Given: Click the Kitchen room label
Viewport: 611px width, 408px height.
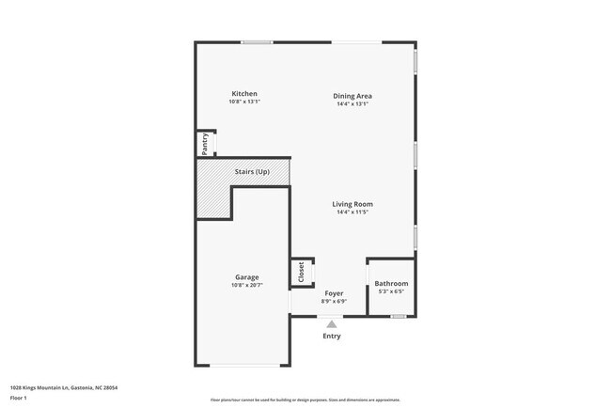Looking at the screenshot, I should pos(244,94).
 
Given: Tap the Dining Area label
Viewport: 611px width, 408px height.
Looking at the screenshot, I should pos(352,95).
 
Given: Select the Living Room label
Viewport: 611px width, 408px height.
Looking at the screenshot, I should pos(352,204).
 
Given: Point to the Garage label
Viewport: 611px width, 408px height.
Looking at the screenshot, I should pos(247,276).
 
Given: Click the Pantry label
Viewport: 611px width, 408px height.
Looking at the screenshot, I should pos(204,145).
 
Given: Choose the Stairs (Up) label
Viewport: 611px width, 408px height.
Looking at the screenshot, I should pos(252,172).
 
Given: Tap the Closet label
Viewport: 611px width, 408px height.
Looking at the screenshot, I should pos(302,272).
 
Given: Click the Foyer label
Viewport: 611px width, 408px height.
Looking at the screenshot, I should pos(333,293).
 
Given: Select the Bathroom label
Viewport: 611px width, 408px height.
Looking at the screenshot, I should pos(391,283).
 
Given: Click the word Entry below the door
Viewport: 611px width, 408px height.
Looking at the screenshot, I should pos(332,336).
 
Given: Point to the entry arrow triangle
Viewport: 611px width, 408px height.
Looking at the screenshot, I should pos(332,323).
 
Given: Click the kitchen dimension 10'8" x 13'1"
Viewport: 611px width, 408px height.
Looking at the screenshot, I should pos(244,102).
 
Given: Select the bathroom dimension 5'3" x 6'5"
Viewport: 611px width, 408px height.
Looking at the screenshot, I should pos(391,291).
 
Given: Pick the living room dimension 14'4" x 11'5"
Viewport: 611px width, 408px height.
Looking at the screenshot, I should pos(352,212).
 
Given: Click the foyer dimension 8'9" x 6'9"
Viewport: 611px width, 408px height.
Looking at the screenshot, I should pos(333,302).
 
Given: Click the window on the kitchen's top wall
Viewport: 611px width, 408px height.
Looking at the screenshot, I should pos(257,41).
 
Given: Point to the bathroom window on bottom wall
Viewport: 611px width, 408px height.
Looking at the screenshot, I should pos(399,316).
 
